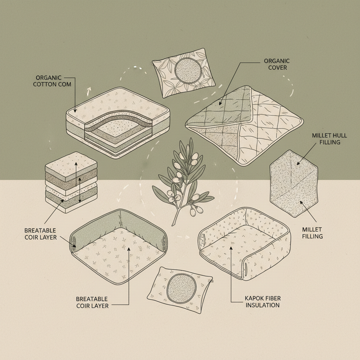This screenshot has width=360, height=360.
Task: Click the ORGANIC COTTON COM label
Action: (x=52, y=81)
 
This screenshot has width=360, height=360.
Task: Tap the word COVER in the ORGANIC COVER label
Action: (x=278, y=68)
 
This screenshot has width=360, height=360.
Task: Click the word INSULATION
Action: (x=263, y=305)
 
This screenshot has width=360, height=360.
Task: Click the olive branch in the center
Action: (x=182, y=181)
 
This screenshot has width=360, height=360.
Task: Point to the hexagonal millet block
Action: (x=294, y=184)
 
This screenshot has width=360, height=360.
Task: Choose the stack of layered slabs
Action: (x=71, y=182)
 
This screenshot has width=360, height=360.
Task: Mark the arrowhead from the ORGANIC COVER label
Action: (x=220, y=103)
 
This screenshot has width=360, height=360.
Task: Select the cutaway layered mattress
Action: (x=118, y=123)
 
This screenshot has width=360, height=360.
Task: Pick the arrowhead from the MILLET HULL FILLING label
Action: (x=298, y=163)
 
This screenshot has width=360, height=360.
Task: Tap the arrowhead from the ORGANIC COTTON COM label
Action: (x=75, y=111)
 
